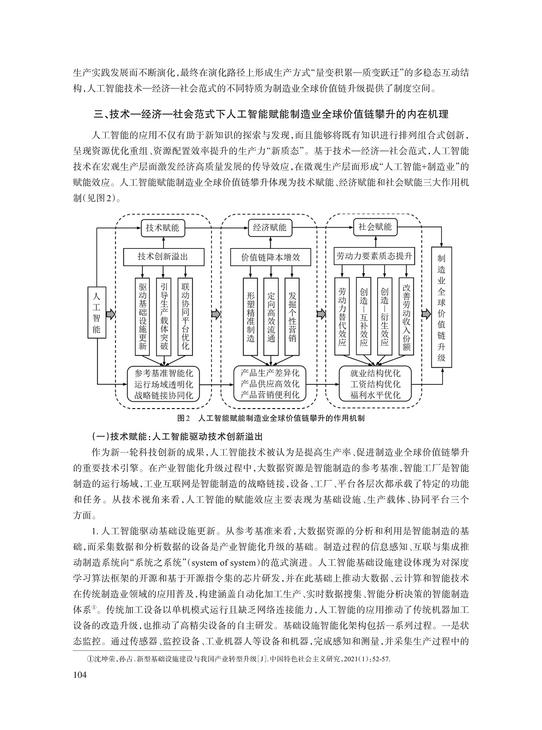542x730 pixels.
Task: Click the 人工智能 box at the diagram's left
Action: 96,313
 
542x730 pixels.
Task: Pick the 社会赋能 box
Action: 375,227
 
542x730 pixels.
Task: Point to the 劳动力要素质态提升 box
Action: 375,256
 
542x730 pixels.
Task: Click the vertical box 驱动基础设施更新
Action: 143,316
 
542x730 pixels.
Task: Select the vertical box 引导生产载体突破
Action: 164,316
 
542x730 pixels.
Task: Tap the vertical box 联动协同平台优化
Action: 185,316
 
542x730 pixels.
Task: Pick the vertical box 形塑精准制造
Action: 250,316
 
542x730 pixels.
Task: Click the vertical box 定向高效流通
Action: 272,316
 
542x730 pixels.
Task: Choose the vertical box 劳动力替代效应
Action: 342,316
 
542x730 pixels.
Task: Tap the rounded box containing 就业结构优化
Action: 375,384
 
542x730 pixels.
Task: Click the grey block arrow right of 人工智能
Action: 111,314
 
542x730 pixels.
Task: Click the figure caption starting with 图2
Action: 271,418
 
